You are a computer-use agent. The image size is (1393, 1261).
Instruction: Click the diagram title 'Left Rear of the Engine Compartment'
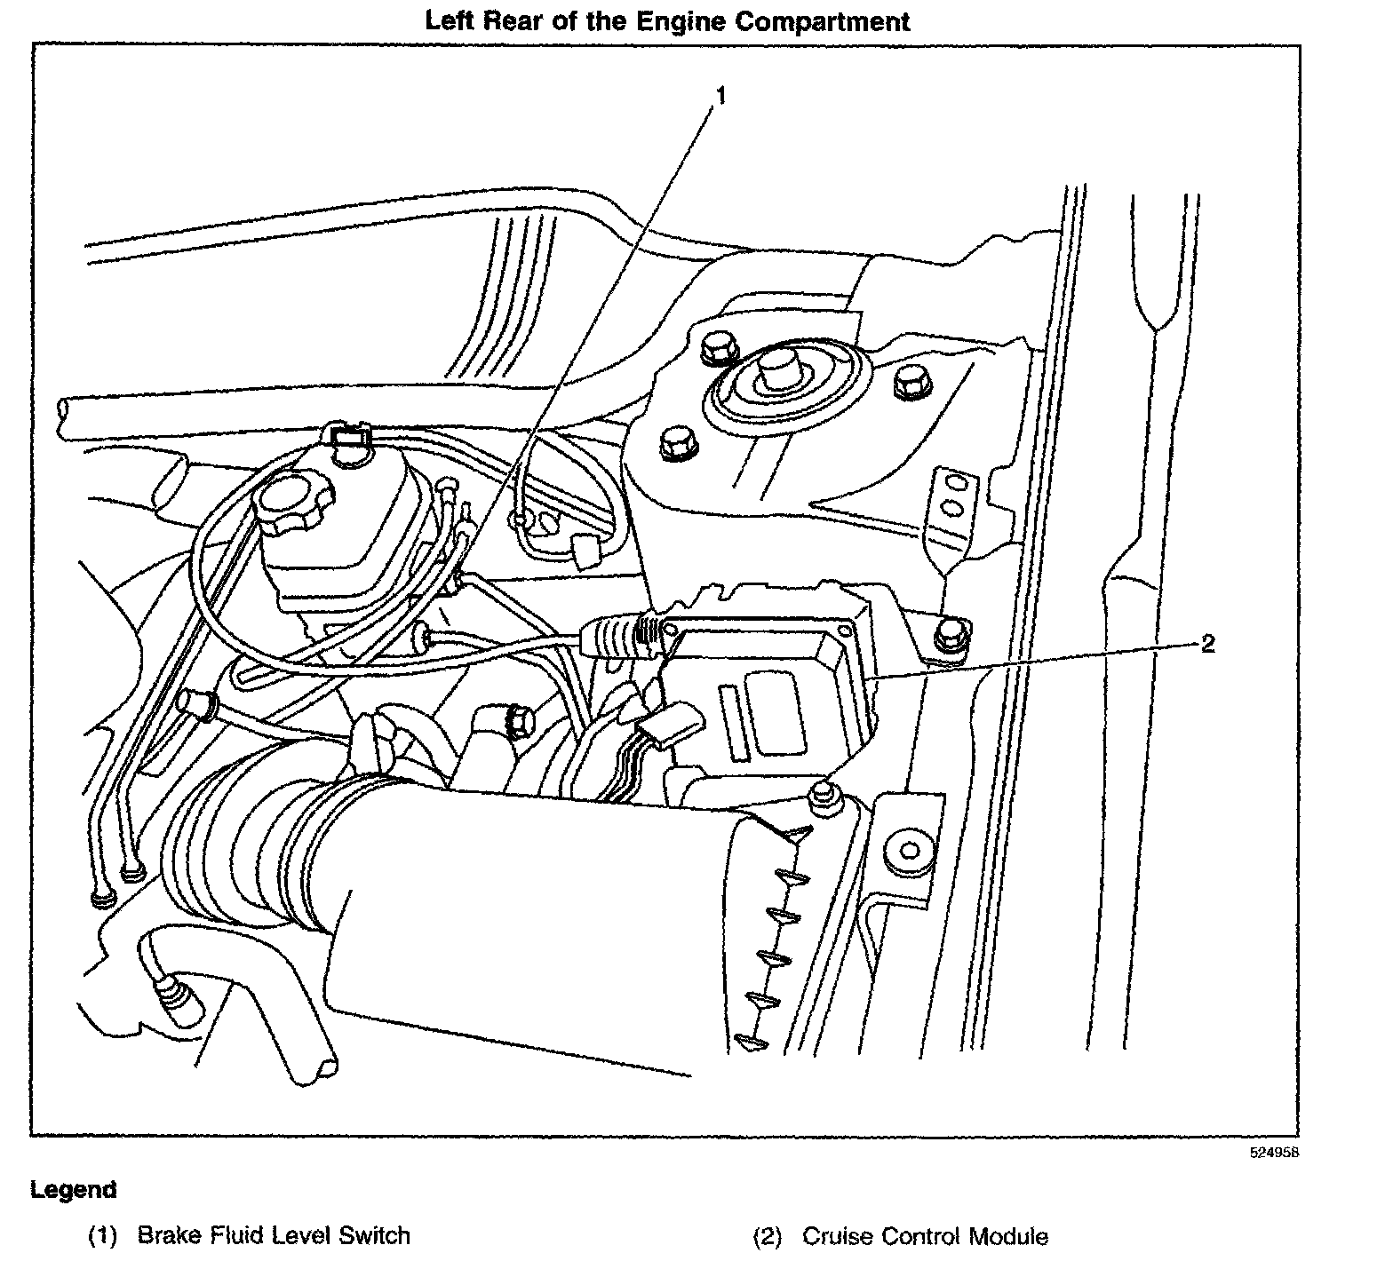pyautogui.click(x=667, y=20)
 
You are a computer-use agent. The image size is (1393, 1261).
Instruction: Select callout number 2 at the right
pyautogui.click(x=1207, y=644)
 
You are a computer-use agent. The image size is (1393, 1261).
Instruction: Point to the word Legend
pyautogui.click(x=73, y=1189)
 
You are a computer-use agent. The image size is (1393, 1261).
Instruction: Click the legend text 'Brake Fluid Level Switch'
pyautogui.click(x=274, y=1235)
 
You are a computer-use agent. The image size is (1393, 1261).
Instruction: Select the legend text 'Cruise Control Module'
pyautogui.click(x=925, y=1236)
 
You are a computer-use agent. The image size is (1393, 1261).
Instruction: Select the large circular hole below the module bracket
pyautogui.click(x=908, y=849)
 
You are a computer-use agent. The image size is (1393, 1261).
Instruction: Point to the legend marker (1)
pyautogui.click(x=102, y=1236)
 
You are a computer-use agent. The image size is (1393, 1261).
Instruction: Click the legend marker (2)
pyautogui.click(x=767, y=1236)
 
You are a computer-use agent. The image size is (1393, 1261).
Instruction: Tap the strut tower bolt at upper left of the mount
pyautogui.click(x=716, y=347)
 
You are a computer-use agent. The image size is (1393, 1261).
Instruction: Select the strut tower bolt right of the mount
pyautogui.click(x=911, y=382)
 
